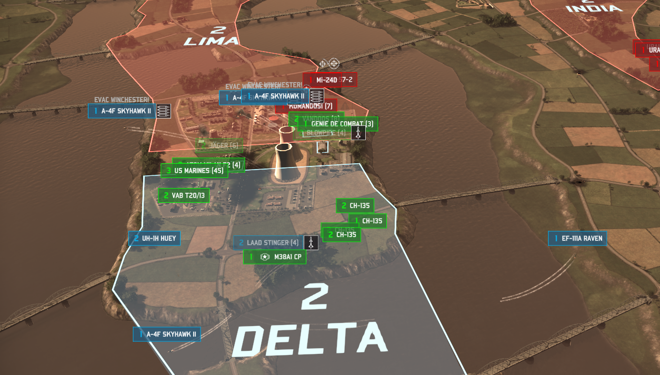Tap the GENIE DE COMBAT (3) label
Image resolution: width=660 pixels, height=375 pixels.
pos(342,124)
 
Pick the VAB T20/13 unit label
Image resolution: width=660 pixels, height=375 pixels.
pos(184,196)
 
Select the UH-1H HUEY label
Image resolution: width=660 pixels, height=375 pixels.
pos(155,239)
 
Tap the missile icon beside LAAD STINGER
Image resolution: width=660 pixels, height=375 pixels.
pos(311,243)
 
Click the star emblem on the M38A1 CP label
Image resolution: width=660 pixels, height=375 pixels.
pos(265,257)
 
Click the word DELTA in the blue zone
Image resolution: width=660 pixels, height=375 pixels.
pos(314,339)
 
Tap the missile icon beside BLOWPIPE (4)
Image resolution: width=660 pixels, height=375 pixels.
pos(358,133)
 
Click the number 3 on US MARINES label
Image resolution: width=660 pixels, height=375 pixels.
pos(168,171)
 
